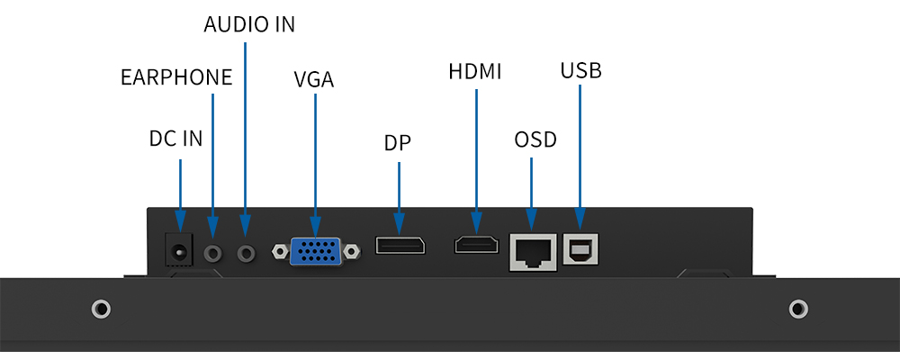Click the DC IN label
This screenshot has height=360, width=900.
point(175,139)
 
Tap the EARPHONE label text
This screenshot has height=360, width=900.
point(176,77)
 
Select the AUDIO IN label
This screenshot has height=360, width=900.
point(249,24)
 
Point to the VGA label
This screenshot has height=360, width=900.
point(314,79)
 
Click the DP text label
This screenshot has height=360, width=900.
point(397,143)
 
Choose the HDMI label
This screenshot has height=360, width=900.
point(475,72)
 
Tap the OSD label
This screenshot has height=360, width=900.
point(535,140)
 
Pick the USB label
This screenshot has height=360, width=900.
point(580,70)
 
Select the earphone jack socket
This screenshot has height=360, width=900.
point(212,253)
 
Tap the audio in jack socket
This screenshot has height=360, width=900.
point(246,253)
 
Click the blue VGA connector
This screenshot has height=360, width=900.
point(315,251)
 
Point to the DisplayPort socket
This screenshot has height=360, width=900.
point(400,246)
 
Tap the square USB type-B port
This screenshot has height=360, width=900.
point(580,249)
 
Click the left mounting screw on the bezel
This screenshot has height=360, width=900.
point(102,310)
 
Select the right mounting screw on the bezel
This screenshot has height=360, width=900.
point(798,310)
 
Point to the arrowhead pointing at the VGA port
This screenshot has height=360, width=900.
point(315,226)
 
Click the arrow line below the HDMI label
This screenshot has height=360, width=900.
point(476,153)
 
